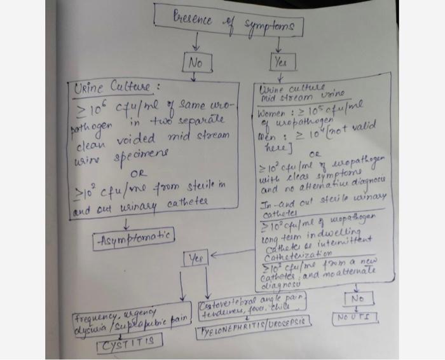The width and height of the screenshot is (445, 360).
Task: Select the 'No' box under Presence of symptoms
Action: click(195, 63)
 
